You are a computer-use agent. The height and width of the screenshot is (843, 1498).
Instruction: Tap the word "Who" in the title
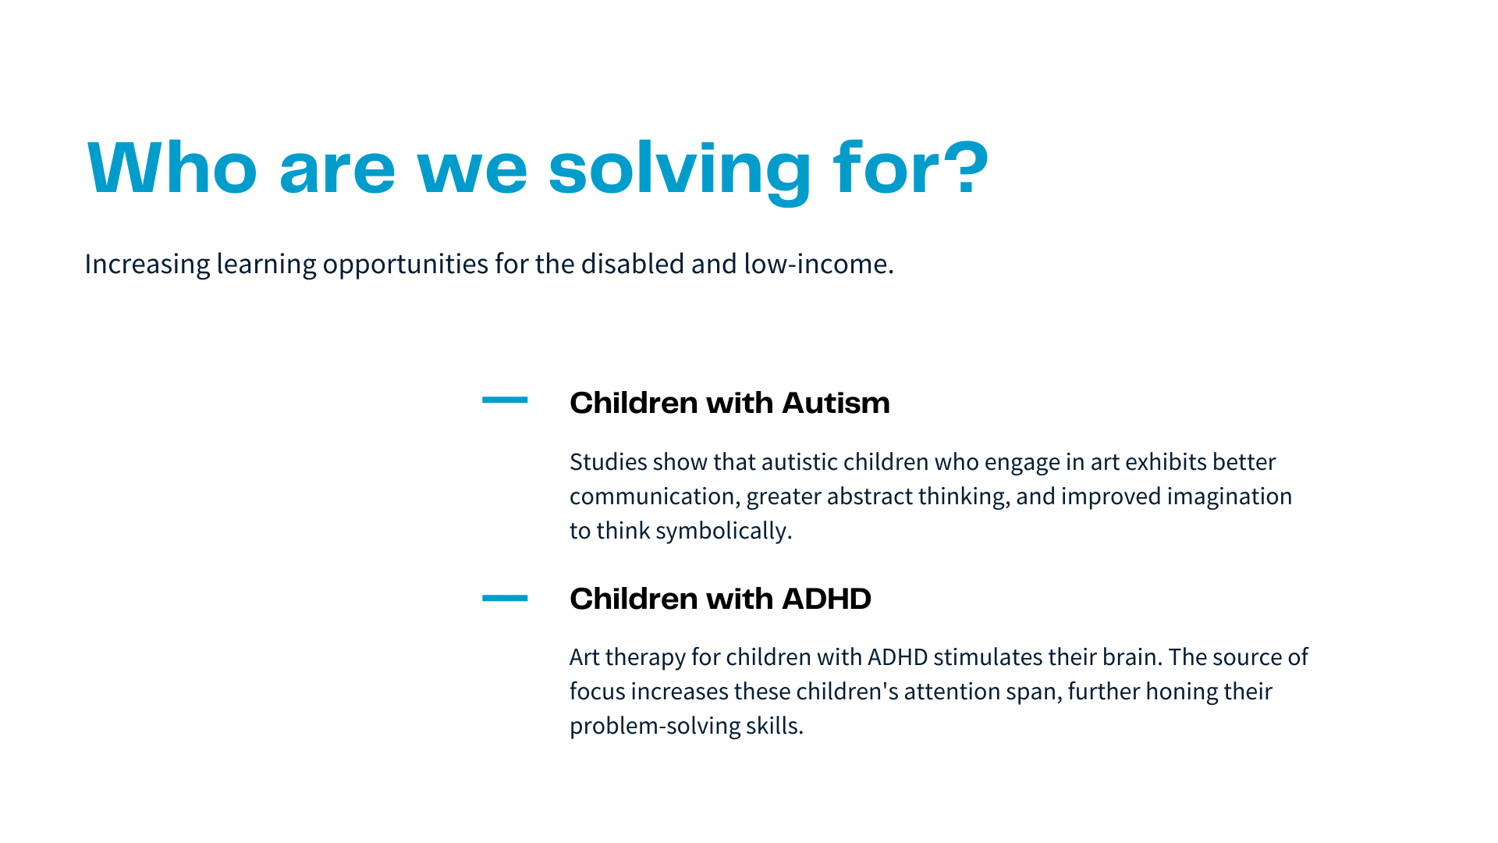coord(172,167)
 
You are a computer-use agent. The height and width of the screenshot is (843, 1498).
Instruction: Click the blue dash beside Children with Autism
coord(505,400)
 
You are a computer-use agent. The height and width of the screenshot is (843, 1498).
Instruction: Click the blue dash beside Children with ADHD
coord(505,598)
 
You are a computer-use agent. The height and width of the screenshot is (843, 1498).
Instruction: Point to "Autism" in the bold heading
coord(836,403)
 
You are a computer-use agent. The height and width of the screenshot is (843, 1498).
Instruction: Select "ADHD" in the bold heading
coord(826,599)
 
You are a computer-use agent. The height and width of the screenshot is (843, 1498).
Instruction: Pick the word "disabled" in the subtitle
coord(633,264)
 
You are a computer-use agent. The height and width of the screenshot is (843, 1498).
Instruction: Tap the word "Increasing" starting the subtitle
coord(147,265)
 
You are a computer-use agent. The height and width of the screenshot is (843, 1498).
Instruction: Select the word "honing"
coord(1178,692)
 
